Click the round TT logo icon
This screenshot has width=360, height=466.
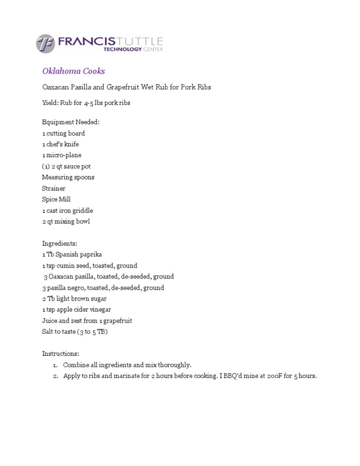coord(45,44)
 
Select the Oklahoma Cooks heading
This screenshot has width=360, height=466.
coord(74,71)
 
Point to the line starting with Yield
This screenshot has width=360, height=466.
coord(86,103)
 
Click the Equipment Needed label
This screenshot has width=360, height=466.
coord(71,122)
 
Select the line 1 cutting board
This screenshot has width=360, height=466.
coord(63,134)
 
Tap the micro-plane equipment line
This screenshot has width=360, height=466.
coord(61,155)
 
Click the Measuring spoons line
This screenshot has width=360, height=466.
coord(68,177)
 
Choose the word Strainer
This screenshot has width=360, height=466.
coord(53,188)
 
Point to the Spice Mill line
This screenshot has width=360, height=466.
coord(56,199)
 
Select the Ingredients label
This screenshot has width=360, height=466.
coord(60,244)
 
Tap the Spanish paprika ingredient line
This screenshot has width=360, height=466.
coord(72,255)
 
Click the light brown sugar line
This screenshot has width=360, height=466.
coord(74,299)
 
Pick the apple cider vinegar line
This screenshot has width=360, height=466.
coord(76,309)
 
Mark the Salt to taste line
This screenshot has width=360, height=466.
coord(75,332)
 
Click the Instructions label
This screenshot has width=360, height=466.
coord(60,353)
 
